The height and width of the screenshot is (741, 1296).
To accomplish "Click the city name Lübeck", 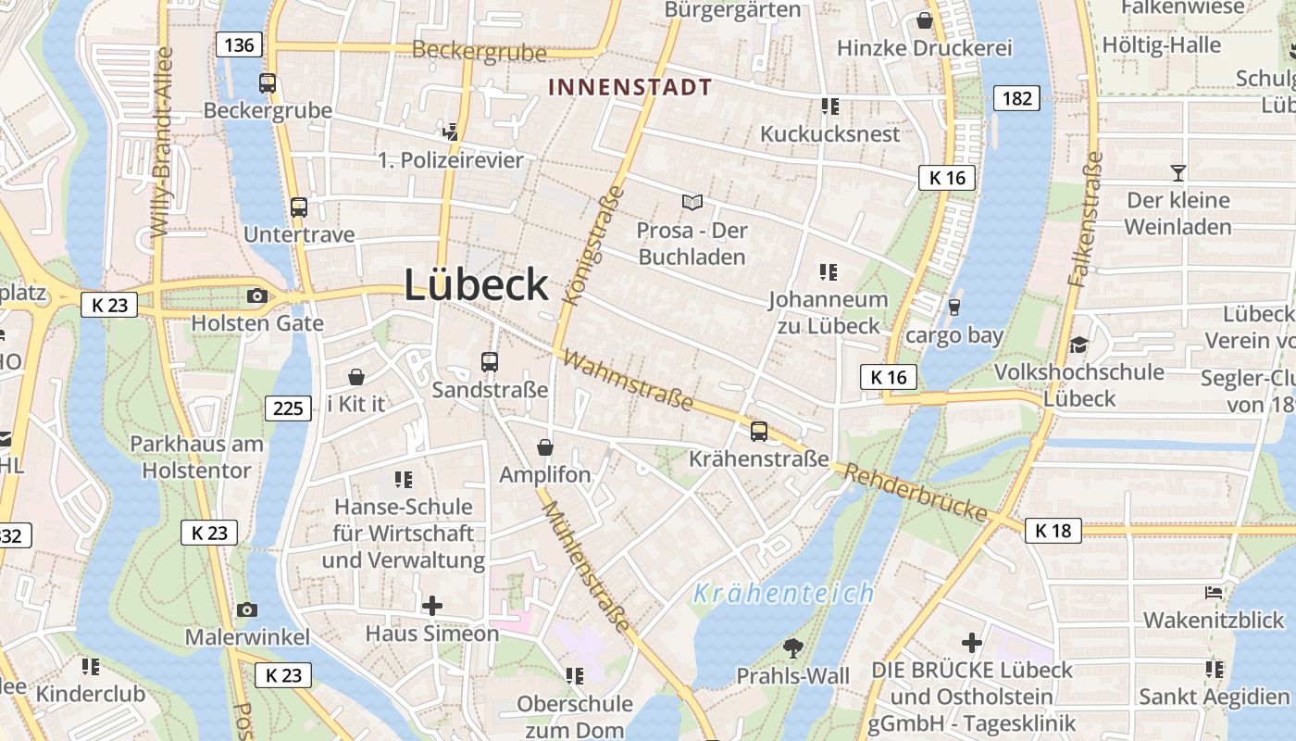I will [x=476, y=284].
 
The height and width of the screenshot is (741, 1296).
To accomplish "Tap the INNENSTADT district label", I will [x=629, y=88].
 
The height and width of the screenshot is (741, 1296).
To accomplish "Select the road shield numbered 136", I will [x=240, y=44].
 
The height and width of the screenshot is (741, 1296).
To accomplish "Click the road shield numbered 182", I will [x=1016, y=98].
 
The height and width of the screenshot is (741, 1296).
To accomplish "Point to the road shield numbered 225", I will [x=288, y=408].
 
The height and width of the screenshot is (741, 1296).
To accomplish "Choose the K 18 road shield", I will [x=1053, y=531].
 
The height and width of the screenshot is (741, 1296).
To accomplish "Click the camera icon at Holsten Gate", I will [x=256, y=296].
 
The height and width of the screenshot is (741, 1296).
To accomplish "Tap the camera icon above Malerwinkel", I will [x=246, y=609].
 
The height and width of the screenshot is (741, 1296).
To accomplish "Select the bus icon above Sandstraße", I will [x=490, y=362].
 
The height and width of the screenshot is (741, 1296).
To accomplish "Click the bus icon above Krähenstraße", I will [x=759, y=431].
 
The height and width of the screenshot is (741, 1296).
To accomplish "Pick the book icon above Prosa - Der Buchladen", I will [x=692, y=202].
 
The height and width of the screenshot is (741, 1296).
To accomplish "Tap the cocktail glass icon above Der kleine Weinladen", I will [x=1178, y=172].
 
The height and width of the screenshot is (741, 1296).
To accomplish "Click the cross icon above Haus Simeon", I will [x=431, y=606].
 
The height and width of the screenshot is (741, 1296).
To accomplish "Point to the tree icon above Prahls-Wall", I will [x=792, y=648].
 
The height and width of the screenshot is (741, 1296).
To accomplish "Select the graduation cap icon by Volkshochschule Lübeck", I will [x=1078, y=345].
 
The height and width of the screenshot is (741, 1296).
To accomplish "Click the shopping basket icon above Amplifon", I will [x=544, y=447].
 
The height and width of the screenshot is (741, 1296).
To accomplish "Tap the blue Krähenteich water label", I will [x=783, y=593].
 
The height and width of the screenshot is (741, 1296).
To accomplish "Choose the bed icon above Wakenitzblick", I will [x=1214, y=593].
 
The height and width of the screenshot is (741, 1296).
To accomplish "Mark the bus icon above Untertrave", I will [x=298, y=207].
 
